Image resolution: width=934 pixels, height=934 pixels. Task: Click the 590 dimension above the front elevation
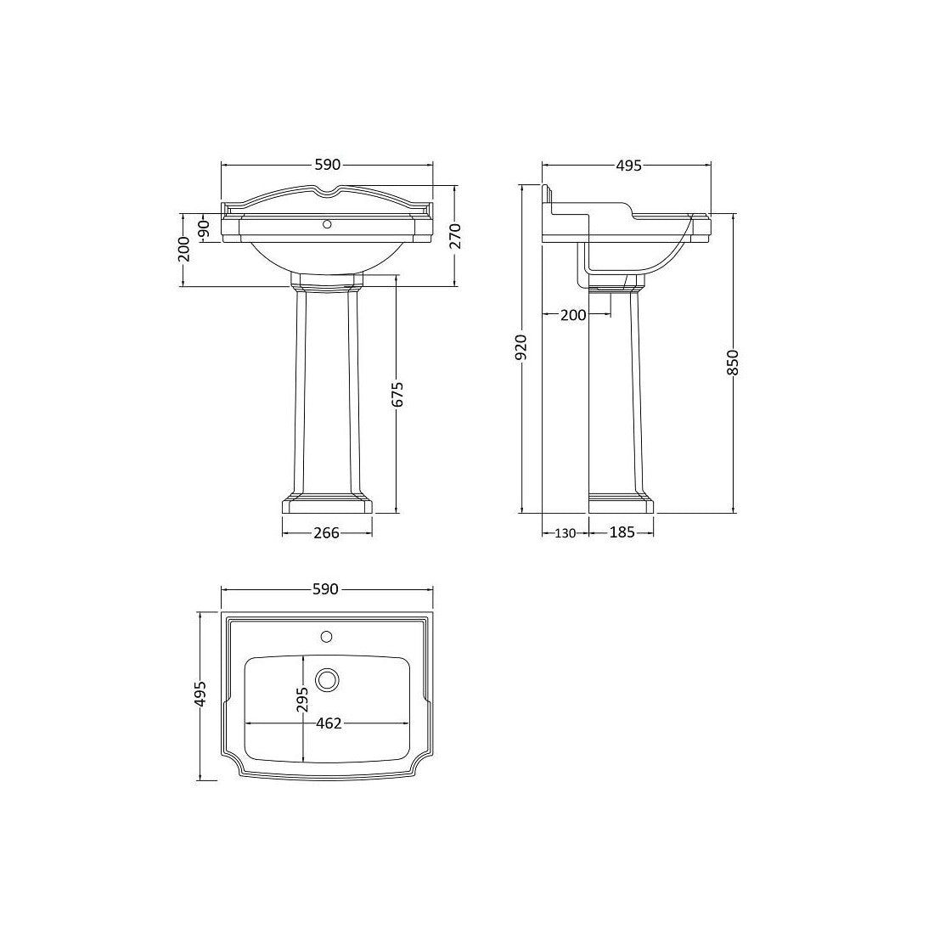(327, 165)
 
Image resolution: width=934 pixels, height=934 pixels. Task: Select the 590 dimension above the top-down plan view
(327, 588)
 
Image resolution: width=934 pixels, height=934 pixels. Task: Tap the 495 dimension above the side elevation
(627, 165)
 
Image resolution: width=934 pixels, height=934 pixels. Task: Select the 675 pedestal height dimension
(397, 396)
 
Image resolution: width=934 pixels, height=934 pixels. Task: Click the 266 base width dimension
(326, 533)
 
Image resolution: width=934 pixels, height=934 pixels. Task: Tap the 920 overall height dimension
(521, 348)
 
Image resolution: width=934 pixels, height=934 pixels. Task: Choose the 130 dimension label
(565, 533)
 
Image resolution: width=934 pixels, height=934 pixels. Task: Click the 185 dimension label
(622, 533)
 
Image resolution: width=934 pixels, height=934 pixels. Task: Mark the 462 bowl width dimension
(328, 723)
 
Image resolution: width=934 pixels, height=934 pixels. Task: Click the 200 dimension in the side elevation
(573, 315)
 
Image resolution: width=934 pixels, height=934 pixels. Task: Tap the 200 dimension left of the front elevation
(183, 250)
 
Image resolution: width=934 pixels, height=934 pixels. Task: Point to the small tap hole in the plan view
(327, 635)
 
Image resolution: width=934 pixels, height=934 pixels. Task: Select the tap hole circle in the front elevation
(326, 226)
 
